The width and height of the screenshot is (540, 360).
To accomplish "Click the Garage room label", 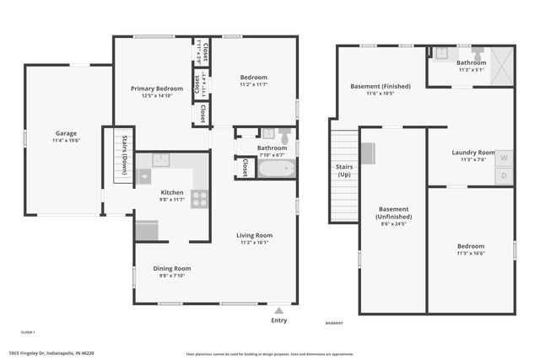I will (x=66, y=133).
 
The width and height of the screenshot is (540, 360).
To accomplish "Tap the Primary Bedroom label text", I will (x=156, y=88).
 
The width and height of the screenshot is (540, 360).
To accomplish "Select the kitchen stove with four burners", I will (x=200, y=199).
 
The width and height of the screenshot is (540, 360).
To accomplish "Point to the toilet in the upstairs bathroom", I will (x=284, y=135).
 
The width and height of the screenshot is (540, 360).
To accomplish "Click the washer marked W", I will (x=504, y=158).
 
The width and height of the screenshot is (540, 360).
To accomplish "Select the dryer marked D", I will (x=504, y=176).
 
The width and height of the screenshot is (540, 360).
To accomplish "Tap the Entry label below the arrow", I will (x=278, y=320).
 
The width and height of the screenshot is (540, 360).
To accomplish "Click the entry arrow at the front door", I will (x=278, y=309).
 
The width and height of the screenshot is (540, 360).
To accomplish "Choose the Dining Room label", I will (x=171, y=268).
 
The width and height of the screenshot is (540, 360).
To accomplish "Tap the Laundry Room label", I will (x=472, y=153).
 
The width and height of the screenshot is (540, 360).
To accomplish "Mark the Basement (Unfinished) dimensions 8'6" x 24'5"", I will (x=392, y=224).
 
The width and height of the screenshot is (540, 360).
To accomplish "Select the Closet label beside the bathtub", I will (x=243, y=168).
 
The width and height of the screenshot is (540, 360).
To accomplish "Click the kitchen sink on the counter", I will (x=163, y=159).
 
